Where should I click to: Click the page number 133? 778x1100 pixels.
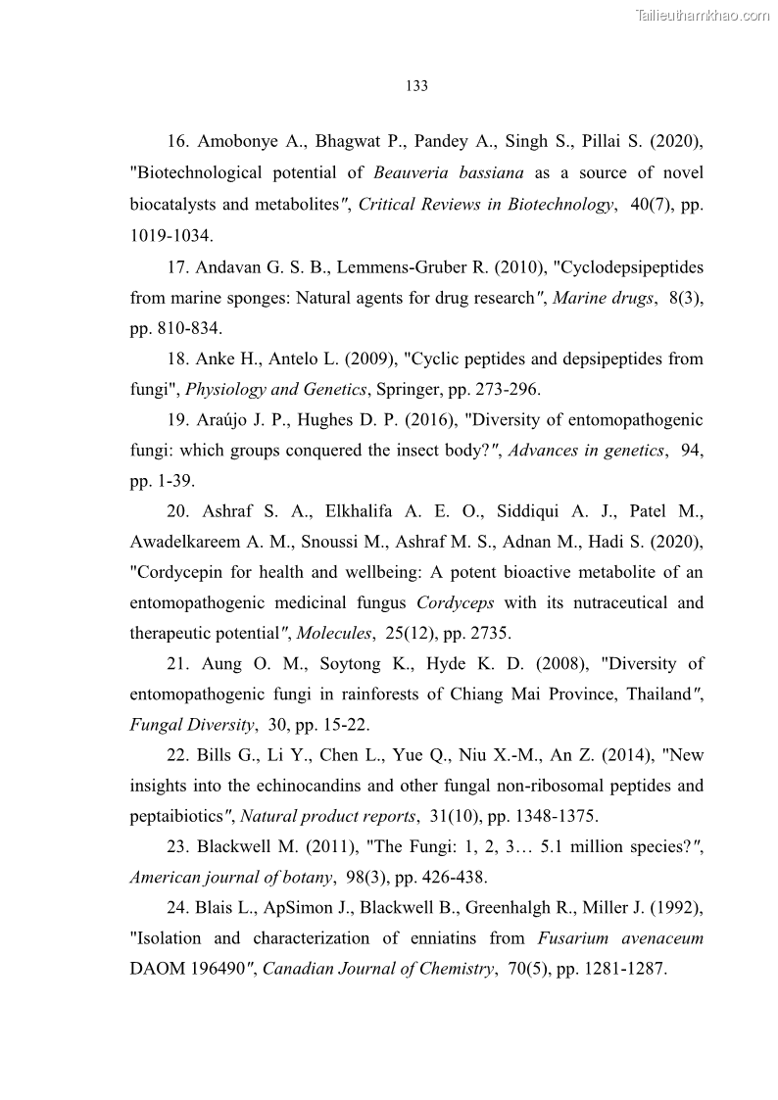(416, 86)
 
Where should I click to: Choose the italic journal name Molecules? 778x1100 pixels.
(334, 634)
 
